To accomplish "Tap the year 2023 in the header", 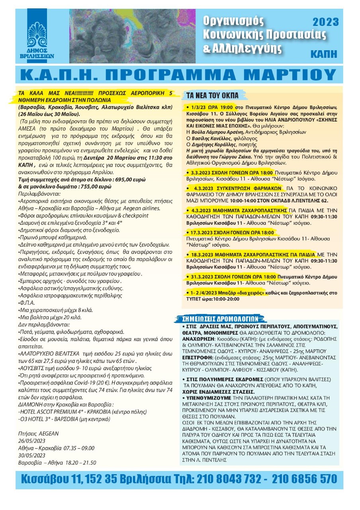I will [325, 22].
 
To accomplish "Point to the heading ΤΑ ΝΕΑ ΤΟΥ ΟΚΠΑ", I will [213, 95].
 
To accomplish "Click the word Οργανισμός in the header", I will [231, 20].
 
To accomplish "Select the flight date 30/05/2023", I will [31, 455].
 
